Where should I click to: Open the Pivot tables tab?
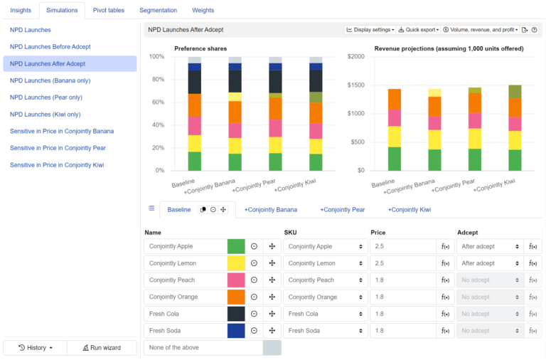tap(109, 10)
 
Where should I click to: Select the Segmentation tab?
tap(159, 10)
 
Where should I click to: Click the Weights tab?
tap(203, 10)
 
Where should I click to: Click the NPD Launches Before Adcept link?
tap(50, 46)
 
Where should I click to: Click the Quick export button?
tap(418, 30)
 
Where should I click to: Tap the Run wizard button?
tap(102, 348)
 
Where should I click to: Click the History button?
tap(35, 348)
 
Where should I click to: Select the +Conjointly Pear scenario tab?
tap(342, 210)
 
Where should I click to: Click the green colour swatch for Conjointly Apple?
tap(236, 246)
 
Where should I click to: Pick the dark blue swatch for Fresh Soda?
tap(236, 331)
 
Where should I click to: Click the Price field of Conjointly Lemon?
tap(402, 263)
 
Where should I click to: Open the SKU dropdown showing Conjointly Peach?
tap(325, 280)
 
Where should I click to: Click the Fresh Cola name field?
tap(185, 314)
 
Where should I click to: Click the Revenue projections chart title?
tap(449, 48)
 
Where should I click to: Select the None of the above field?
tap(203, 348)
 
